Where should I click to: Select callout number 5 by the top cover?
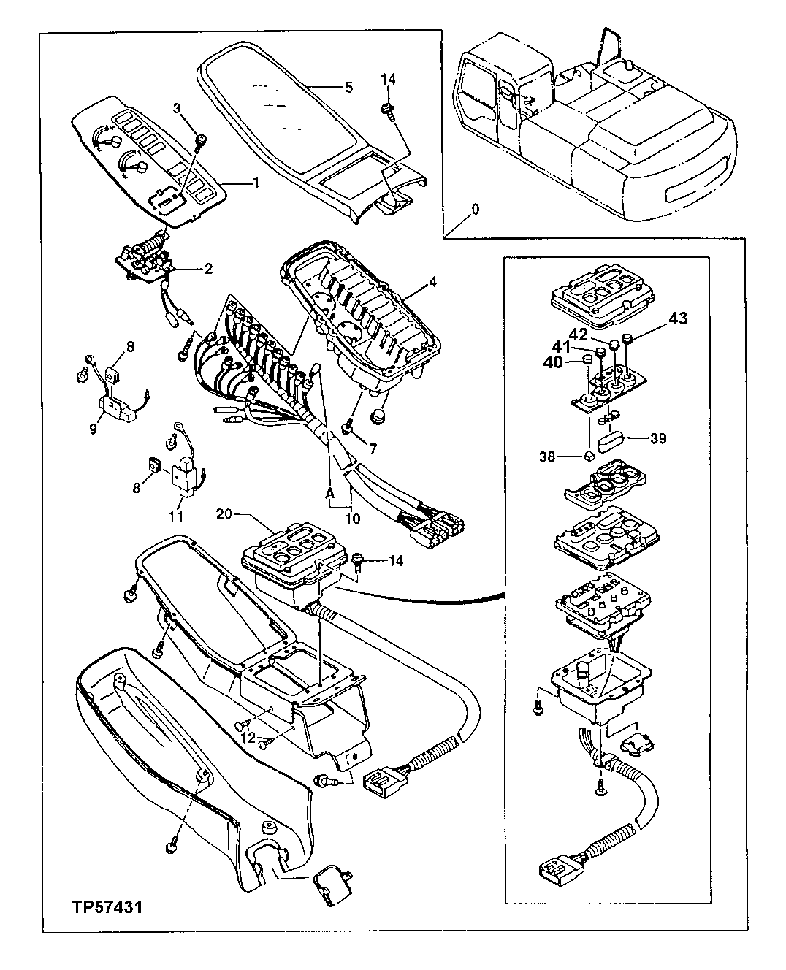[348, 87]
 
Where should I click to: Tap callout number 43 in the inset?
[678, 318]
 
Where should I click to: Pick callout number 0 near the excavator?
[476, 208]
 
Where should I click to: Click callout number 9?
[94, 429]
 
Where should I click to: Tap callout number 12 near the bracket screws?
[249, 738]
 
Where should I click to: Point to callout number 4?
[433, 281]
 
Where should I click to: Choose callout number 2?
[208, 270]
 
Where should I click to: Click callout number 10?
[353, 518]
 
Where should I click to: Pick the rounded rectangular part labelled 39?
[609, 441]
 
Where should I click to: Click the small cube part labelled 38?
[587, 457]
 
